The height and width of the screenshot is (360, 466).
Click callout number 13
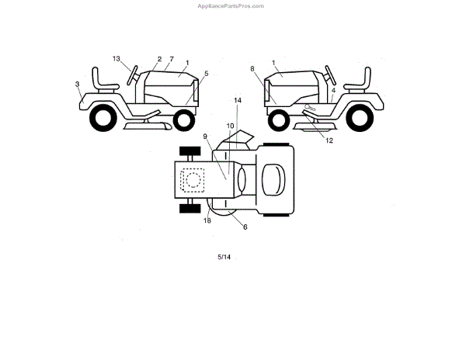[116, 59]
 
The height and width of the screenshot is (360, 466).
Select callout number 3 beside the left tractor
[78, 83]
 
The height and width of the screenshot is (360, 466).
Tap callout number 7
[171, 59]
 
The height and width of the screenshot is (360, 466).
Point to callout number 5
[206, 74]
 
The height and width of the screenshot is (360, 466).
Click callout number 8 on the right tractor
[252, 69]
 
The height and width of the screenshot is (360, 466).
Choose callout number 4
[333, 90]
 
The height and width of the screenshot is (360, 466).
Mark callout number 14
[237, 101]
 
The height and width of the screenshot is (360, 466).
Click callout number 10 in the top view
[229, 125]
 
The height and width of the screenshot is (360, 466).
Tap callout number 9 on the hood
[206, 137]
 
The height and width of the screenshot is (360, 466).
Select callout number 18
[207, 221]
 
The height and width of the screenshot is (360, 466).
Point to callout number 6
[245, 227]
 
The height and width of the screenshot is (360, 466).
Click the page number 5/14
[224, 257]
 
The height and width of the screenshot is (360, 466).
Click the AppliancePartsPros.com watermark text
[232, 5]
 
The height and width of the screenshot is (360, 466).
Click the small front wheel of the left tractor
[184, 120]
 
